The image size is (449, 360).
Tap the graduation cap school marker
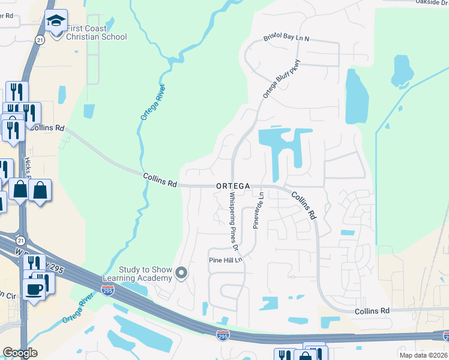[56, 22]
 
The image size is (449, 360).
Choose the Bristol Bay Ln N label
[286, 38]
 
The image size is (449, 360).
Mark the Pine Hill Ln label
[224, 260]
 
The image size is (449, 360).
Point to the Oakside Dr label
[432, 2]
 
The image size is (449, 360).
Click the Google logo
[20, 353]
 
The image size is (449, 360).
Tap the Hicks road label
[28, 170]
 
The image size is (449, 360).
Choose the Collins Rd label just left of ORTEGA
[160, 180]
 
